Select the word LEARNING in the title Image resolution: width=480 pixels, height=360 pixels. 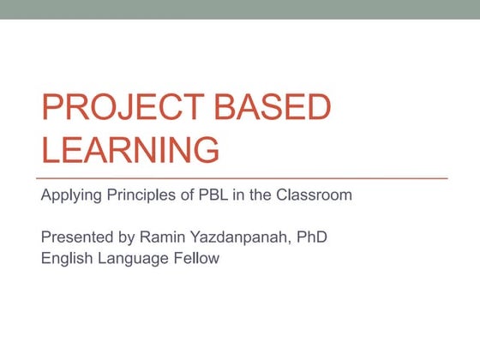click(129, 149)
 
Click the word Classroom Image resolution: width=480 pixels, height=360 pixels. click(315, 195)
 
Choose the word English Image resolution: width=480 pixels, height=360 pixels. click(67, 257)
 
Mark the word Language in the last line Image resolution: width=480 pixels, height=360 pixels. click(135, 258)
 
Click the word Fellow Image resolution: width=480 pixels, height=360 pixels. click(197, 257)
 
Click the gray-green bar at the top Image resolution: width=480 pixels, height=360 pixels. click(240, 9)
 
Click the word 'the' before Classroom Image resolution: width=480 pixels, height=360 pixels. click(261, 195)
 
